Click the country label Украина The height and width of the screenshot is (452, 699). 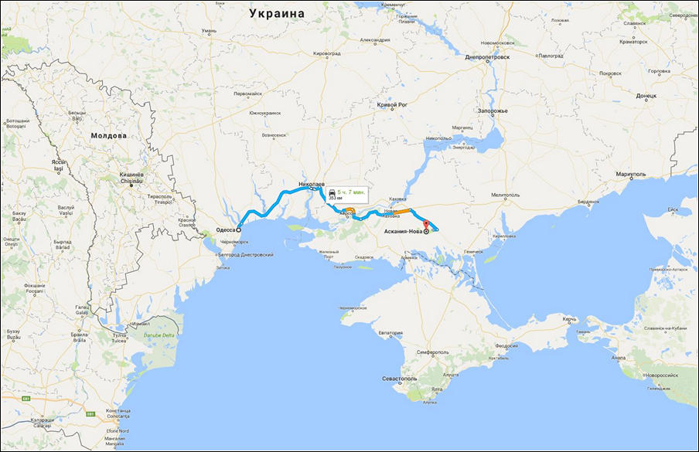pos(277,14)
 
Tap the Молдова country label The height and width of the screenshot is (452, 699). pos(108,136)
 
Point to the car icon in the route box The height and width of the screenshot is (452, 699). pos(332,192)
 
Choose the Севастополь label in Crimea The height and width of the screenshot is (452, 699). pos(400,379)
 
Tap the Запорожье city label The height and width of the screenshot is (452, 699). pos(492,111)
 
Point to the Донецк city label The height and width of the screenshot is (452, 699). pos(646,97)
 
